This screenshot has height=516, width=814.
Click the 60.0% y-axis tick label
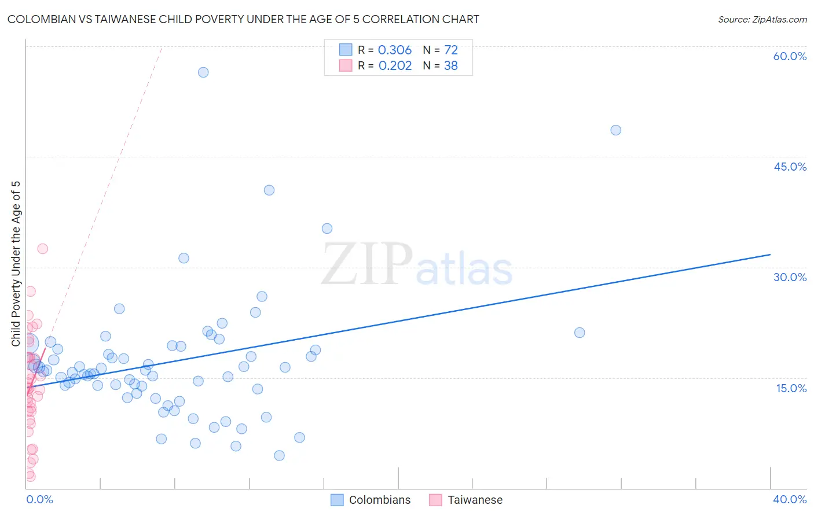790,56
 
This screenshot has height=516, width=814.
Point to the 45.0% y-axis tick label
790,167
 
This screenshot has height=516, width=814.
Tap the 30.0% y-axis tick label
790,277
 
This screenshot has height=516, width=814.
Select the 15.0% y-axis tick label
791,388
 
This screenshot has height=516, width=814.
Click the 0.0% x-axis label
39,499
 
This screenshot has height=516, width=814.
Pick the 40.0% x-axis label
789,499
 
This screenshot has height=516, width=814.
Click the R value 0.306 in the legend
395,50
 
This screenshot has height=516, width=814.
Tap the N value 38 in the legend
450,66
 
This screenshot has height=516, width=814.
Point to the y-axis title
16,264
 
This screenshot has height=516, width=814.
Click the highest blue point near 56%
203,72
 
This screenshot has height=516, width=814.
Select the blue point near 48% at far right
615,130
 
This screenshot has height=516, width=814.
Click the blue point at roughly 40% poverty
269,190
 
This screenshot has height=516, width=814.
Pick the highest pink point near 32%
42,249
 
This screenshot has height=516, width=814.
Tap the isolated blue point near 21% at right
580,333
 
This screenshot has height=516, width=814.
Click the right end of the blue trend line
770,255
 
